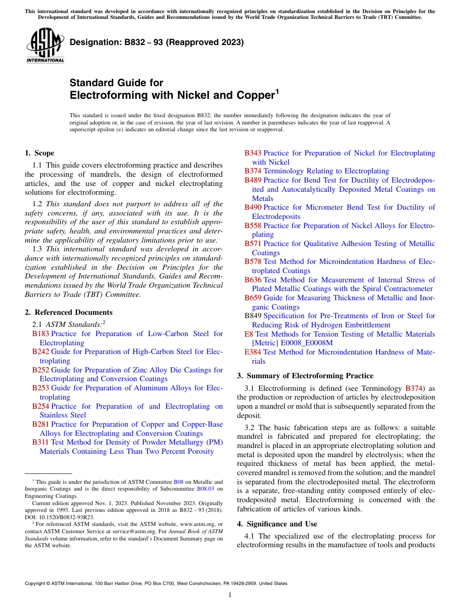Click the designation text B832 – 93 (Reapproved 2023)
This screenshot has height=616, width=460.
[156, 43]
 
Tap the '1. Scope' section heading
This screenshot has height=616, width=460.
[39, 153]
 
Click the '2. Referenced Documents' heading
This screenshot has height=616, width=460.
[68, 312]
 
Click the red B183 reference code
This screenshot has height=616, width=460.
[41, 334]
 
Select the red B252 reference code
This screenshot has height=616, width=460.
[41, 370]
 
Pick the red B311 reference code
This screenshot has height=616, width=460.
[41, 442]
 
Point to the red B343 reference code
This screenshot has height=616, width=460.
[253, 153]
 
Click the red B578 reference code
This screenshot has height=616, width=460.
[253, 262]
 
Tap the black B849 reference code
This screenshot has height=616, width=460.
[253, 316]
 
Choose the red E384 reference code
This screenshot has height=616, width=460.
[253, 352]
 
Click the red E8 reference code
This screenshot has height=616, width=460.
[249, 334]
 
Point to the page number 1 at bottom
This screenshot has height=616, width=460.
[230, 595]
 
